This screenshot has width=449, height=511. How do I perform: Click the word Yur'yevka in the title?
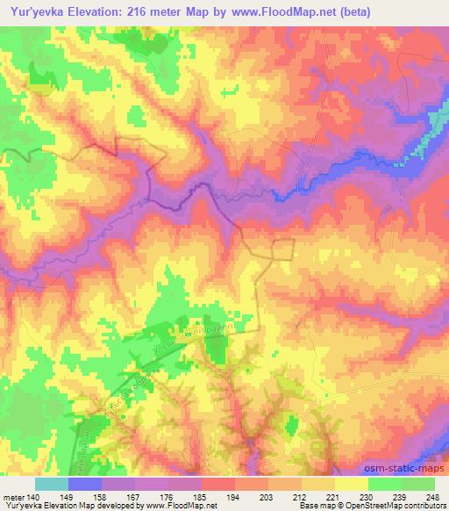(34, 12)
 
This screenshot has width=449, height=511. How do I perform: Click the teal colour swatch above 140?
(52, 484)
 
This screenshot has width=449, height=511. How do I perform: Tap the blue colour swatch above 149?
(85, 484)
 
